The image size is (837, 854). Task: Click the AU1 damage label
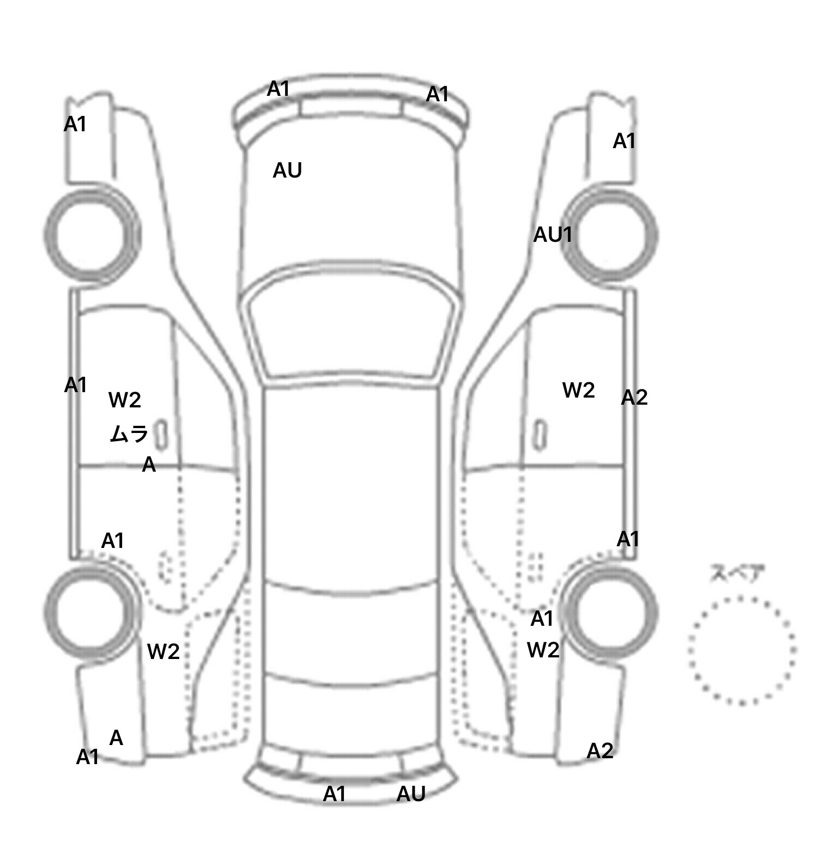coord(553,235)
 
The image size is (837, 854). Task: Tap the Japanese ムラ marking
coord(129,434)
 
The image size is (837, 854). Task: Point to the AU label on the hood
coord(287,170)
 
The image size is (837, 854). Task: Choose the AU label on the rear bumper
coord(411,794)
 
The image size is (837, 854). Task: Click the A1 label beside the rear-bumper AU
coord(334,794)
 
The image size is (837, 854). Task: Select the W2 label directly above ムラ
coord(125,400)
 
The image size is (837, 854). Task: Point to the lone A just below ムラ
coord(149,465)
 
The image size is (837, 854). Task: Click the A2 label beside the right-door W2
coord(634,398)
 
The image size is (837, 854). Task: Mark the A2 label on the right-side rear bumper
coord(600,751)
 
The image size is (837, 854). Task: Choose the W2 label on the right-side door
coord(578,390)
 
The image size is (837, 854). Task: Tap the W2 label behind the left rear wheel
coord(163,651)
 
